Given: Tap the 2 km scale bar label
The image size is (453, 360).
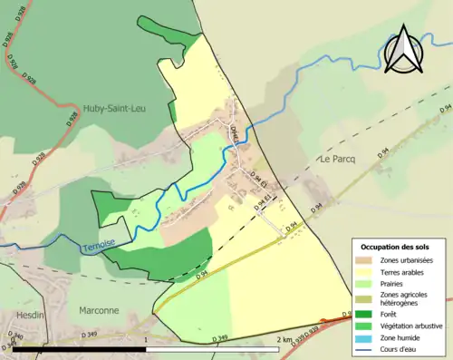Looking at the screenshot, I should click(x=286, y=340).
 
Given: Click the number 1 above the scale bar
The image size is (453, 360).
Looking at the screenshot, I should click(x=146, y=340).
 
